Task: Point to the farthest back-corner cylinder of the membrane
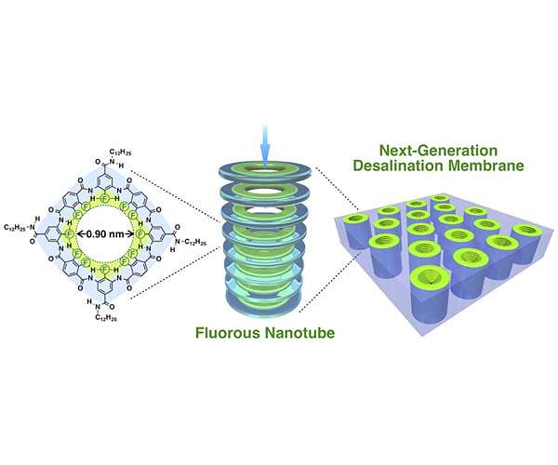440,200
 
